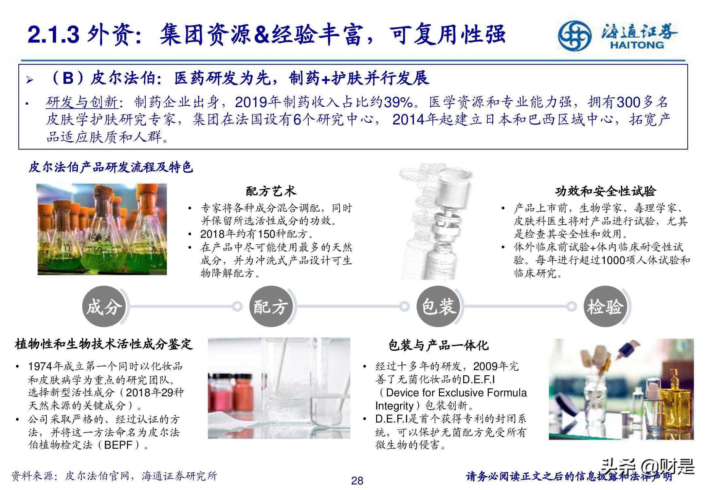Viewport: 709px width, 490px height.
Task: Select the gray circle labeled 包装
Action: click(x=438, y=307)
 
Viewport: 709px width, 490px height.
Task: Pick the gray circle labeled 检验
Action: click(x=605, y=307)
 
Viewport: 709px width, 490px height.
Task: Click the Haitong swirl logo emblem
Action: click(x=575, y=35)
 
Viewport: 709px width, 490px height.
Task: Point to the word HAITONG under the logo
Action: click(x=637, y=45)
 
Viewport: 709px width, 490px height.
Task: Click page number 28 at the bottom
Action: click(x=357, y=481)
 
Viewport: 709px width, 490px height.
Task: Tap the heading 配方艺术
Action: click(x=271, y=191)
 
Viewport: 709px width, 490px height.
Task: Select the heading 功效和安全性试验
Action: click(x=605, y=191)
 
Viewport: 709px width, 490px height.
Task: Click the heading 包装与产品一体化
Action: click(x=438, y=345)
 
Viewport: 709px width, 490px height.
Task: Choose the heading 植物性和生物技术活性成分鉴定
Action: click(x=104, y=344)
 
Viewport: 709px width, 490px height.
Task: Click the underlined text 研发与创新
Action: click(x=82, y=102)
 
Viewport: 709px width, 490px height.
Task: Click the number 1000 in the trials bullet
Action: click(x=613, y=260)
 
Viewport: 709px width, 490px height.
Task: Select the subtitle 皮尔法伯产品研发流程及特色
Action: click(x=111, y=167)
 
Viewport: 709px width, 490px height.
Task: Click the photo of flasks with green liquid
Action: click(x=102, y=229)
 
